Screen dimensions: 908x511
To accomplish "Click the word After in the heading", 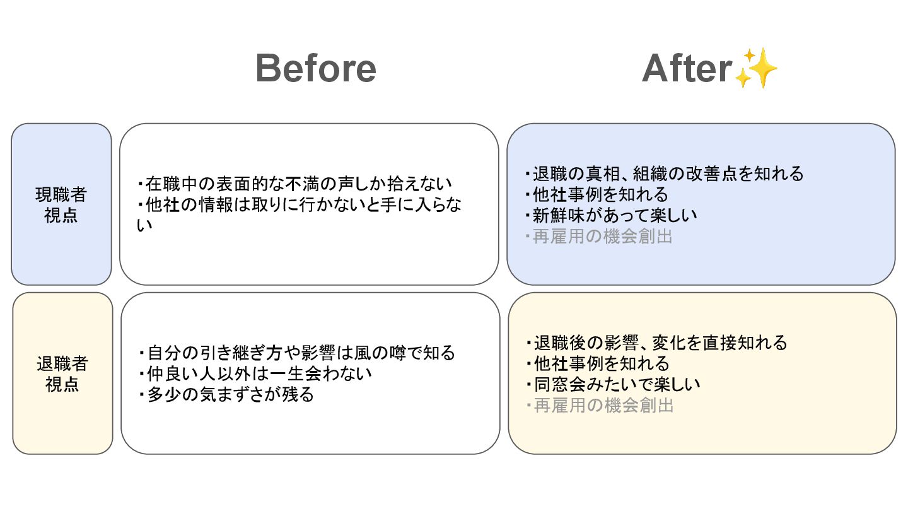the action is coord(687,68).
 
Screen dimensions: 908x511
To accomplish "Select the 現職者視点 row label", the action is coord(61,204).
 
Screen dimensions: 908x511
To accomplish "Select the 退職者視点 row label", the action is coord(62,373).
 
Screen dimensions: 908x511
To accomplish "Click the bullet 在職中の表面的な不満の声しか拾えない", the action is coord(294,184).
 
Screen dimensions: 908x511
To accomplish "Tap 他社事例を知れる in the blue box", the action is coord(597,194).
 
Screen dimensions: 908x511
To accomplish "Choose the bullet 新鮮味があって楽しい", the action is coord(611,215).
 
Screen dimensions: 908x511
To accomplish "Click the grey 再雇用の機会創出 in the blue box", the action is coord(598,237).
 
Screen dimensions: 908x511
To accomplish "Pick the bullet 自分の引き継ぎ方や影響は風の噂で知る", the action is coord(296,353).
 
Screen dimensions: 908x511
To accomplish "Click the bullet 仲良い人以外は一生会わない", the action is coord(255,373).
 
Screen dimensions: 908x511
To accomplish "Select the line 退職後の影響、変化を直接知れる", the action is coord(656,343).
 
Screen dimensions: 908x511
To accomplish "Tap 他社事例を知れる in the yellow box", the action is coord(597,363).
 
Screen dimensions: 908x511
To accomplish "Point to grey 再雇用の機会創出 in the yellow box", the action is coord(599,406).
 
